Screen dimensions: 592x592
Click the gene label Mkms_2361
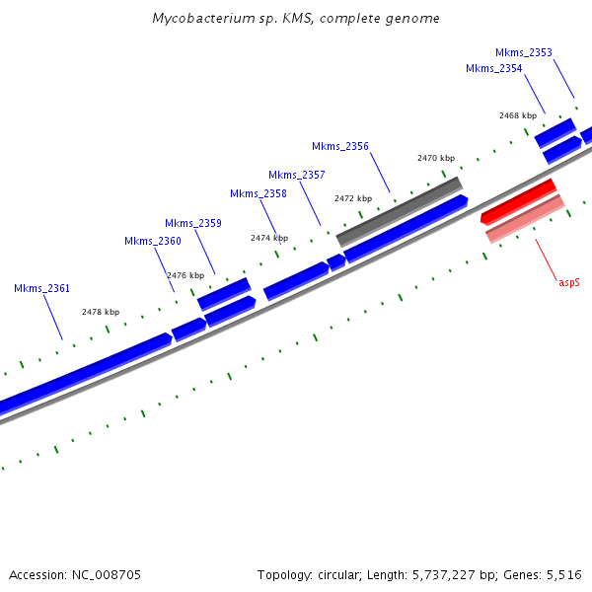pos(41,289)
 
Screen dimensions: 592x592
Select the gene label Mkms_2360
pos(153,242)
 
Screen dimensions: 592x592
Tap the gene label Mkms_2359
pos(192,223)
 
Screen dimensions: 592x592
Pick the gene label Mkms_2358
pos(258,194)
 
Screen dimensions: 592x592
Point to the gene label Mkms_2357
pos(296,176)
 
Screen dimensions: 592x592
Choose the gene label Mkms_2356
pos(340,147)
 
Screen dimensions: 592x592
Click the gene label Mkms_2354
pos(493,69)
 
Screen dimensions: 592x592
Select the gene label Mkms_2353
pos(523,53)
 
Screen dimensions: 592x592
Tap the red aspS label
pos(568,282)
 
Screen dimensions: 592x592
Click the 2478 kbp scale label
pos(100,312)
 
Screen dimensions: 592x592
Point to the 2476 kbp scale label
pos(185,275)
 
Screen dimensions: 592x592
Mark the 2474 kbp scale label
pos(268,238)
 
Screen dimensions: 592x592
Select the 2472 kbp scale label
pos(352,198)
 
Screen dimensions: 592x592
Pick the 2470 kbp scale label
pos(435,158)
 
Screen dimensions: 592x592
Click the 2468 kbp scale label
pos(517,115)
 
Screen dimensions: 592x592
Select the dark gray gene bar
pos(400,211)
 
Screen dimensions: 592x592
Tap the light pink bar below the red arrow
pos(525,219)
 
